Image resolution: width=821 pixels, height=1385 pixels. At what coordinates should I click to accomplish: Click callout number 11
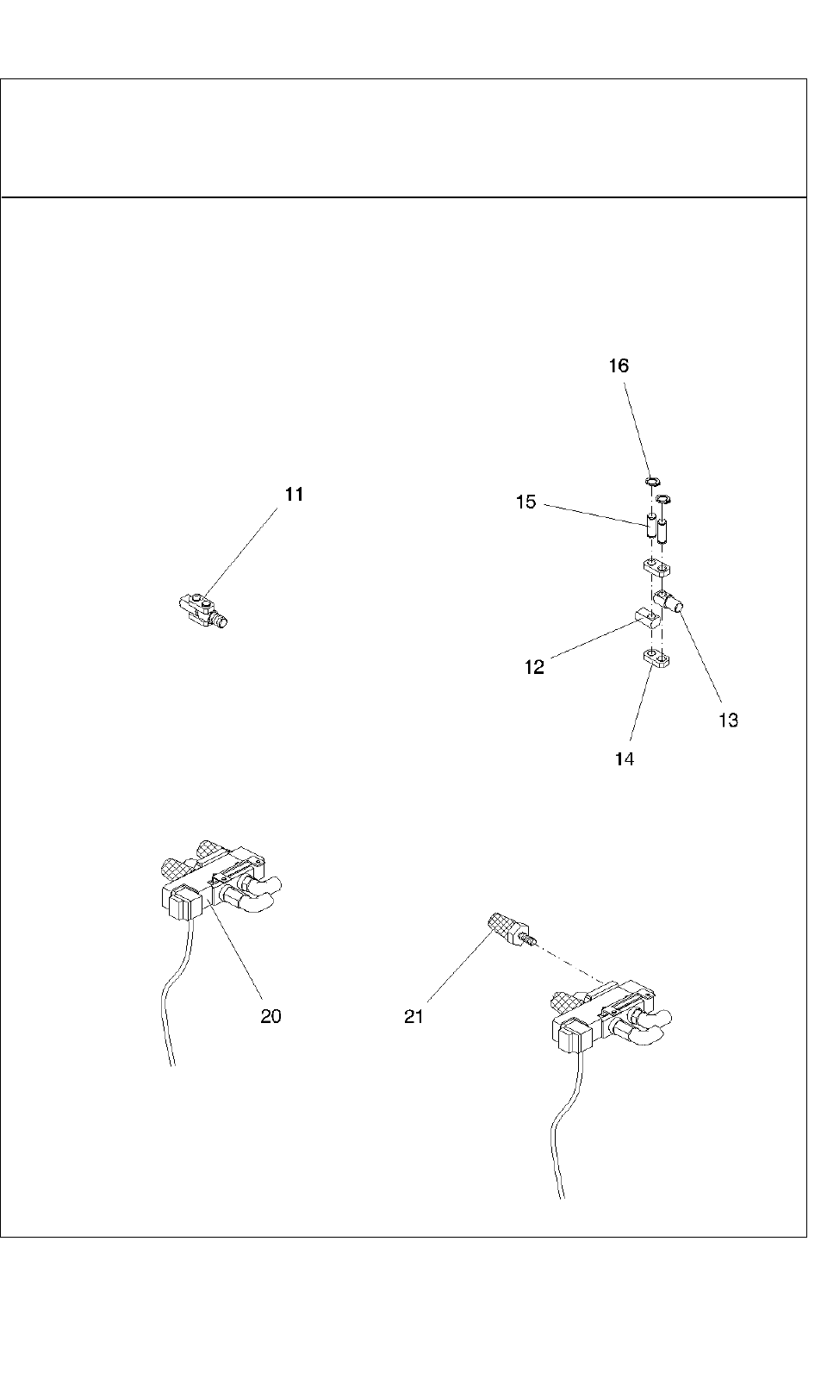click(x=295, y=495)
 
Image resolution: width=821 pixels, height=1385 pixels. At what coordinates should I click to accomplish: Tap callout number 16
click(x=619, y=365)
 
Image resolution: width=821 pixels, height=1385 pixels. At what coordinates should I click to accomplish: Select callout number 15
click(x=526, y=502)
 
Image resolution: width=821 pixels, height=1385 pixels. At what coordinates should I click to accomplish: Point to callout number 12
click(x=534, y=667)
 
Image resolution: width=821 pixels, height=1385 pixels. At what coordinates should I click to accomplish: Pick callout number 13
click(x=728, y=721)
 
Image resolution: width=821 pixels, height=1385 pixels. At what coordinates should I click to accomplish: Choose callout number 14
click(x=625, y=758)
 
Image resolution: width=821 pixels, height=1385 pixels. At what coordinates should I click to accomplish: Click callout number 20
click(x=271, y=1016)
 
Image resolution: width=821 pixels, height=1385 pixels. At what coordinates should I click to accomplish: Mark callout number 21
click(x=414, y=1017)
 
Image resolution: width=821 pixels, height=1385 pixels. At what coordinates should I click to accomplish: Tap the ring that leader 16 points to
click(x=652, y=480)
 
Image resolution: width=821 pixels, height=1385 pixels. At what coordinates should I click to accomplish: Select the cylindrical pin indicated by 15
click(x=651, y=525)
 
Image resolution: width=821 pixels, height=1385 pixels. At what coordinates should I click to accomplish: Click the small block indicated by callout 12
click(x=646, y=617)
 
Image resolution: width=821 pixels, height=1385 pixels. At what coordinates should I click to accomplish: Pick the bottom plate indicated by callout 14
click(x=657, y=660)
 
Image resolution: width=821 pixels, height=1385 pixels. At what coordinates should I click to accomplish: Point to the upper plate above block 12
click(x=657, y=568)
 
